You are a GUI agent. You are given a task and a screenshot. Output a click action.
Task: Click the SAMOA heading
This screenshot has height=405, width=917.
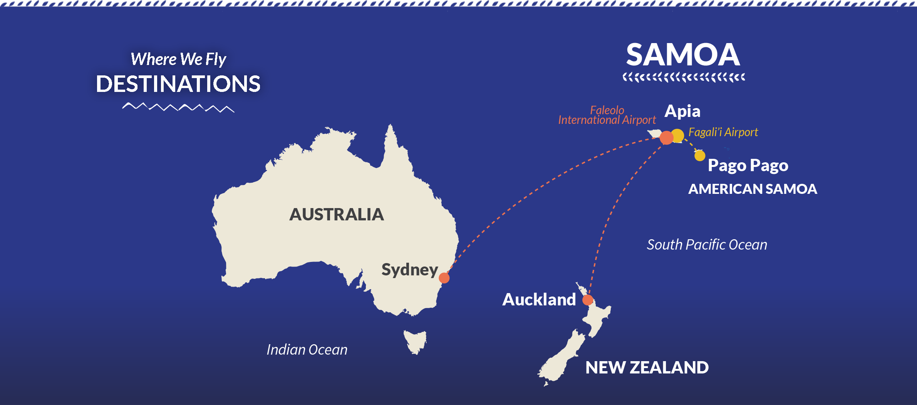[x=683, y=55]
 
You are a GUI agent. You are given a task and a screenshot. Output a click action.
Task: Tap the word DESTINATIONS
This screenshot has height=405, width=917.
[x=178, y=84]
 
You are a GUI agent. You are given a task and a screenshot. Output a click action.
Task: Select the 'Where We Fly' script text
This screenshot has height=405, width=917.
[x=178, y=59]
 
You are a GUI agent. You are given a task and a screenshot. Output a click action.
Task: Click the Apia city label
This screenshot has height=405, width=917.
[x=682, y=111]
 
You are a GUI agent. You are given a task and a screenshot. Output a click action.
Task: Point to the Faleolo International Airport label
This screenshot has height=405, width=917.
[x=607, y=115]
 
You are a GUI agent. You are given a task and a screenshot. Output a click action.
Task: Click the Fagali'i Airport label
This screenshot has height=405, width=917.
[x=723, y=132]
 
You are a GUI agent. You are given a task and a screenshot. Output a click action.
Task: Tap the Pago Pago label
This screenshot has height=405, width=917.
[x=748, y=165]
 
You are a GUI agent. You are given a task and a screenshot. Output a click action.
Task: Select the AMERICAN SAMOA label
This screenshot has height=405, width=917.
[x=752, y=189]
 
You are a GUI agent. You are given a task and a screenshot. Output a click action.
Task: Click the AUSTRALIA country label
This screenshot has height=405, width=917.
[x=337, y=214]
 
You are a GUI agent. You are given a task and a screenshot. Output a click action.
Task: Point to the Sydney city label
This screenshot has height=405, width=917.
[x=409, y=270]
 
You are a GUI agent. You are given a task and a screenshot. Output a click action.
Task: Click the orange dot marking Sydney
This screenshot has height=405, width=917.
[x=444, y=278]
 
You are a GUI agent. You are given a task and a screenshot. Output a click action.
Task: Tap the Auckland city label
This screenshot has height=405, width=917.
[x=539, y=299]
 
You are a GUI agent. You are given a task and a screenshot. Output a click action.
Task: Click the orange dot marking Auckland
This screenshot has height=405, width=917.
[x=588, y=300]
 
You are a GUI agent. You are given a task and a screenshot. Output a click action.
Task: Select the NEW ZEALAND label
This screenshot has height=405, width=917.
[x=647, y=367]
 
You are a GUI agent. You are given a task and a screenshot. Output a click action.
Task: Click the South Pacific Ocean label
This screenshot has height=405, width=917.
[x=707, y=245]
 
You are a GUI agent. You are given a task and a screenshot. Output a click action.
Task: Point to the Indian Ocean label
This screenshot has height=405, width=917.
[x=307, y=350]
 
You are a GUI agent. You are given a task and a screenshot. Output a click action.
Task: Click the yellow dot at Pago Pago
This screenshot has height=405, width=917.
[x=700, y=156]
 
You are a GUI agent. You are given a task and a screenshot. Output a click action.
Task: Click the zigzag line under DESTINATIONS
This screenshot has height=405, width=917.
[x=178, y=107]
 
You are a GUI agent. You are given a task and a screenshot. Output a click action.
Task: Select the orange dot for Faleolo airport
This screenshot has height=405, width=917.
[x=666, y=138]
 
